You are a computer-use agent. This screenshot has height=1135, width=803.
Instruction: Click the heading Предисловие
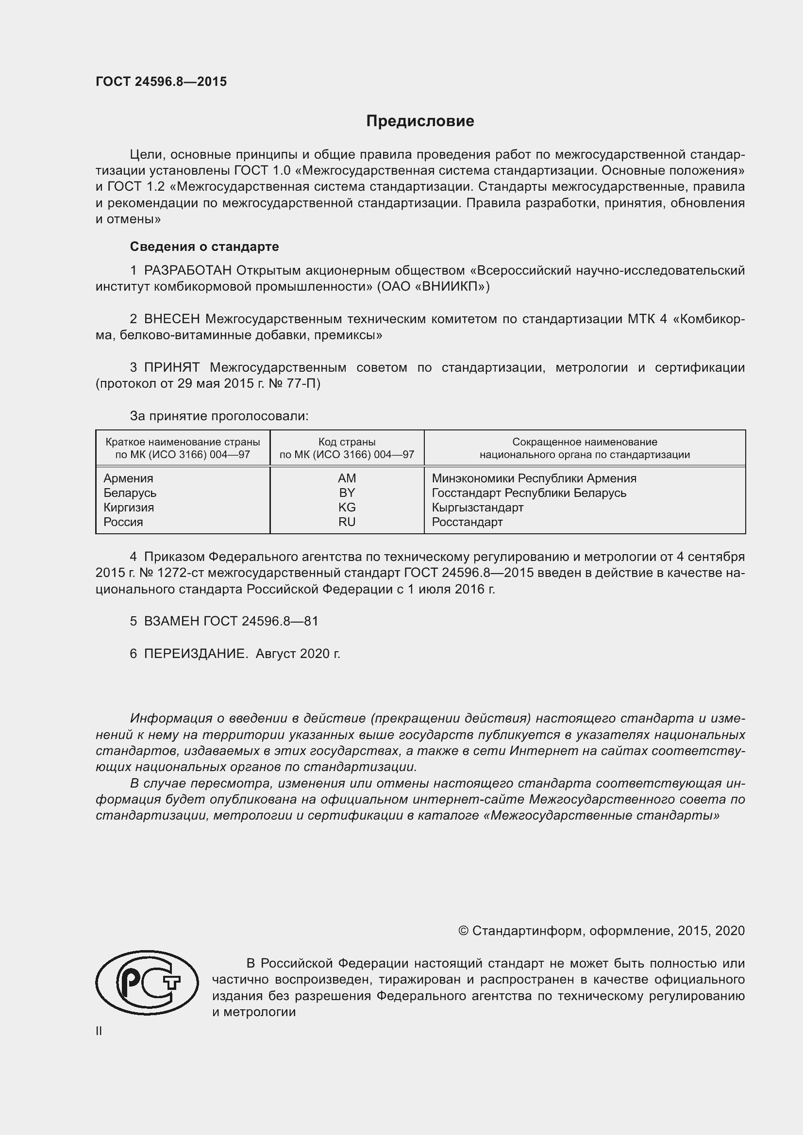pyautogui.click(x=420, y=121)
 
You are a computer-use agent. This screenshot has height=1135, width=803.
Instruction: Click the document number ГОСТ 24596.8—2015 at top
pyautogui.click(x=161, y=82)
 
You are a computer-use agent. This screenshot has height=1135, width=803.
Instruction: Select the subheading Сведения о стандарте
pyautogui.click(x=204, y=246)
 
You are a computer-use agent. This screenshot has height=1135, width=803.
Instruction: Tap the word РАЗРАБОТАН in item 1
pyautogui.click(x=188, y=270)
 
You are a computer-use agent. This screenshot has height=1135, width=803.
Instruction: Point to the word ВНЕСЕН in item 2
pyautogui.click(x=172, y=319)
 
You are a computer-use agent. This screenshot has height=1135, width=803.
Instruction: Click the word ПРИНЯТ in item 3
pyautogui.click(x=172, y=367)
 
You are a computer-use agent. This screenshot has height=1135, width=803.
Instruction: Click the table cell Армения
pyautogui.click(x=129, y=478)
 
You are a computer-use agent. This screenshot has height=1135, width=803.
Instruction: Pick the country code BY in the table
pyautogui.click(x=347, y=493)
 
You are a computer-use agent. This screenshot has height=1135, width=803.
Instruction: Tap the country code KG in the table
pyautogui.click(x=347, y=507)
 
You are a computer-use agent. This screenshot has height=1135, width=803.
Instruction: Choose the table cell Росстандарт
pyautogui.click(x=467, y=522)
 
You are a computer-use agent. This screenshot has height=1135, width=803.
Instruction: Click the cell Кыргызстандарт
pyautogui.click(x=477, y=507)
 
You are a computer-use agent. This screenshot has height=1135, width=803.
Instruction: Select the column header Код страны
pyautogui.click(x=347, y=442)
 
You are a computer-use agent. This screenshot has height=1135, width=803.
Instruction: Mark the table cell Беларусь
pyautogui.click(x=130, y=493)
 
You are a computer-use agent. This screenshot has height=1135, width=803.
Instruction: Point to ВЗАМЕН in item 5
pyautogui.click(x=171, y=622)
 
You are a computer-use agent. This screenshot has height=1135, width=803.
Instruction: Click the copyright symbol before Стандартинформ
pyautogui.click(x=463, y=931)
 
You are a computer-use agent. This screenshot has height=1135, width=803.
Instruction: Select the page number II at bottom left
pyautogui.click(x=99, y=1031)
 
